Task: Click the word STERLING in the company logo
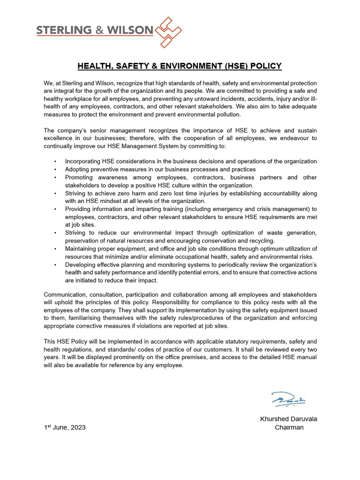64,30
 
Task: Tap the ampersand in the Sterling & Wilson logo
101,30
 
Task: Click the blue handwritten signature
288,399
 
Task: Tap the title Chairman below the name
289,427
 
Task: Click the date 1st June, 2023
65,427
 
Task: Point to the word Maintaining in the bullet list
82,248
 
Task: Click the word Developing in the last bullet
81,264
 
